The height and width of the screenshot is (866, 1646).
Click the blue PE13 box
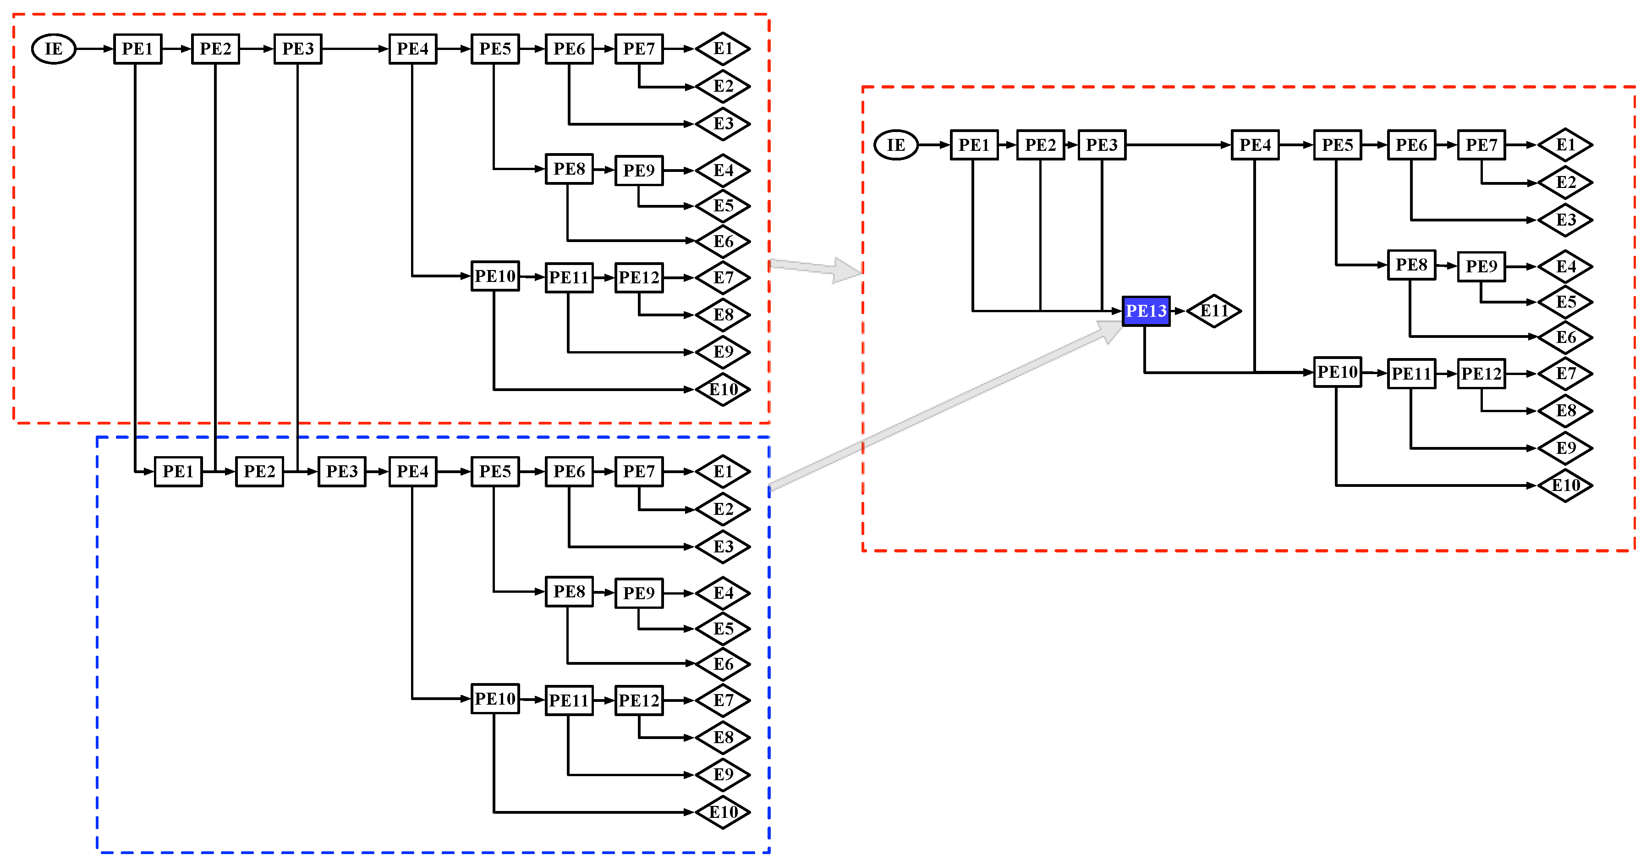click(x=1146, y=311)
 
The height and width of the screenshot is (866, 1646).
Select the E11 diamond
click(x=1213, y=311)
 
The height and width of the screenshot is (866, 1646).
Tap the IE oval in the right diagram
click(x=895, y=145)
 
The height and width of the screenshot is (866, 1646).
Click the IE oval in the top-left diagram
click(x=54, y=49)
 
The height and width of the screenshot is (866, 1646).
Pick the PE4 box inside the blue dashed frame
click(x=412, y=472)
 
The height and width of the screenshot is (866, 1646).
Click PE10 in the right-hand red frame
click(x=1337, y=372)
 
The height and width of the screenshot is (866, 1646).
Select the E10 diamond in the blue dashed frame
click(x=723, y=812)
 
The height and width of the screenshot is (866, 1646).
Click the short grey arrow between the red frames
click(x=818, y=269)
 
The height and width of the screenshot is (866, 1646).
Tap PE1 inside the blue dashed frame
click(x=178, y=472)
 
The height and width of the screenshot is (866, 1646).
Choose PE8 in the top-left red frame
click(x=569, y=169)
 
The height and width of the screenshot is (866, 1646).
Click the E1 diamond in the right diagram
click(x=1565, y=145)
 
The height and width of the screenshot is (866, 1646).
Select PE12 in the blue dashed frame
click(x=638, y=701)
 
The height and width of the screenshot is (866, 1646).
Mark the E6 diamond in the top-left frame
click(x=723, y=242)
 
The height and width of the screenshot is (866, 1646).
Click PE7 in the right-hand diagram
click(x=1481, y=145)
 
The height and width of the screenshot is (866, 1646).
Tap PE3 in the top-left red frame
click(x=298, y=49)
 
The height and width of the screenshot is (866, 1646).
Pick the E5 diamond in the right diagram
click(x=1565, y=302)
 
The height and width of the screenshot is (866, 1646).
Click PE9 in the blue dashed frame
click(x=638, y=593)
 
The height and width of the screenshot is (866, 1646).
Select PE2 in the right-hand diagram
click(x=1040, y=145)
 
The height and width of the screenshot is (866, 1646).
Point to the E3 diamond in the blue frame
click(x=723, y=546)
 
